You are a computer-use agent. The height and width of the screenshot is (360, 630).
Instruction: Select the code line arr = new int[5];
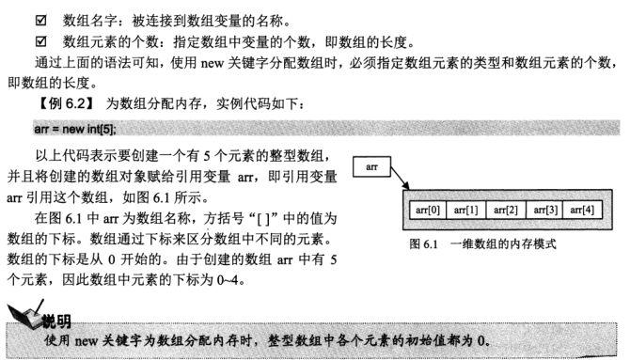coord(81,127)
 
